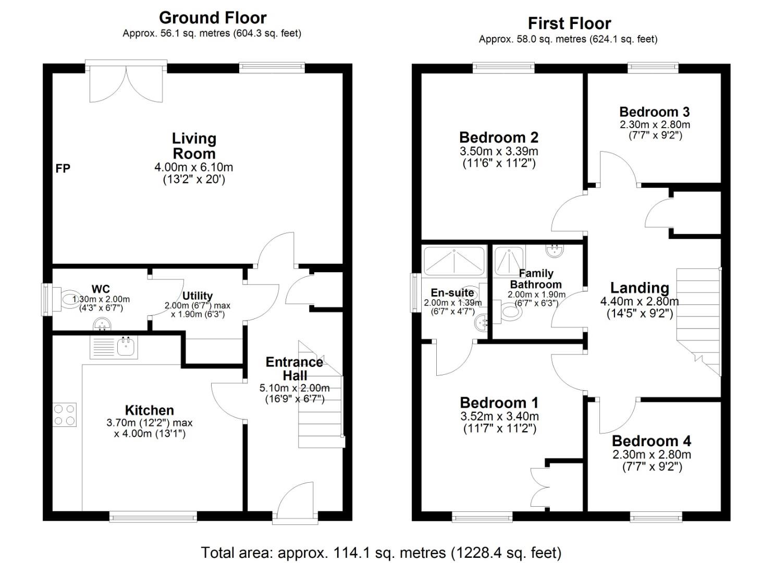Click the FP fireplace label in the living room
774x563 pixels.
[63, 168]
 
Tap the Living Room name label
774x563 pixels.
[194, 146]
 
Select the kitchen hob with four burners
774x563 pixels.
[65, 415]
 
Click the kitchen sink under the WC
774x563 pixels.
[114, 348]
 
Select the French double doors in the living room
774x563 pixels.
[126, 83]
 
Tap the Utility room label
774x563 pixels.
[197, 296]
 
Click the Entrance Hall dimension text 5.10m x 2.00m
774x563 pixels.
[294, 388]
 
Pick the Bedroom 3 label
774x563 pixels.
[654, 112]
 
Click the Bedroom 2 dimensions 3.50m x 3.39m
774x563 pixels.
[499, 152]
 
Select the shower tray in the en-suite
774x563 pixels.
[454, 260]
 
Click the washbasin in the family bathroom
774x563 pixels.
[554, 251]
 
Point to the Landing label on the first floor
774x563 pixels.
[640, 288]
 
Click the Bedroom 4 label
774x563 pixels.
[651, 441]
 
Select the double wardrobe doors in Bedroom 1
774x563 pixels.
[539, 487]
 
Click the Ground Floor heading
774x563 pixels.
[213, 18]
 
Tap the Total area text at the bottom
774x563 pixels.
[381, 552]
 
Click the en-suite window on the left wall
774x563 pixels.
[415, 292]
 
